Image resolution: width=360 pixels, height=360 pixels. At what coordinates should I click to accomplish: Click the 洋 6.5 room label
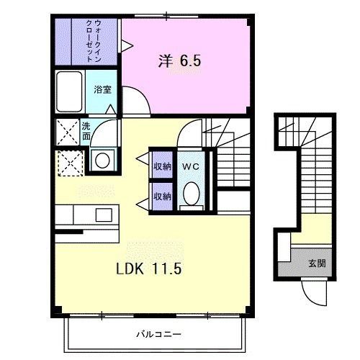coord(179,61)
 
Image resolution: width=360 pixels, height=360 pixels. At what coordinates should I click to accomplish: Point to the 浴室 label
coord(102,89)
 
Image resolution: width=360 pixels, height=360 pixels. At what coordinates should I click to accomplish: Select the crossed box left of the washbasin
coord(70,162)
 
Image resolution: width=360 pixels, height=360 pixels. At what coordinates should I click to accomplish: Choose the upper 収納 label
coord(162,166)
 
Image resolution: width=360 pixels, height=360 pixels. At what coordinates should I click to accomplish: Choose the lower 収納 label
coord(162,195)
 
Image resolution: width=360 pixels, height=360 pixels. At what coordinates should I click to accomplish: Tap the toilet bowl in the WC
coord(191,194)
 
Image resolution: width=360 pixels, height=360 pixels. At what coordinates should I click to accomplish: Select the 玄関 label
coord(317,263)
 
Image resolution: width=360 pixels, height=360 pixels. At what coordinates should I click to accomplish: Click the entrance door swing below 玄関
coord(312,292)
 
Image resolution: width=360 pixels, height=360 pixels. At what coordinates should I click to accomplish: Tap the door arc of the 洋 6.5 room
coord(137,99)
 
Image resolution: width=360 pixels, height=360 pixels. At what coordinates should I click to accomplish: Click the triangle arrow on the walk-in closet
coord(126,46)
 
